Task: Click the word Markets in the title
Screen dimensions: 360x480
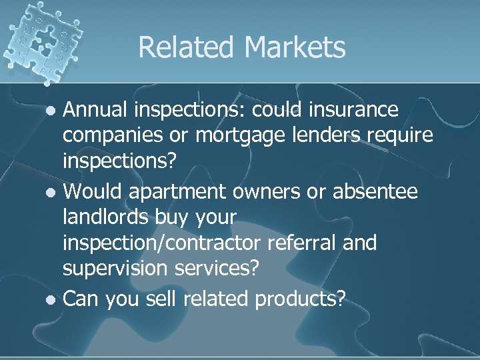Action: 296,47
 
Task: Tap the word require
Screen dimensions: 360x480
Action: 401,135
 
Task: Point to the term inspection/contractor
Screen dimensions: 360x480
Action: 164,243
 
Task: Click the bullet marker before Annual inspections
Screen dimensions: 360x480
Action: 52,110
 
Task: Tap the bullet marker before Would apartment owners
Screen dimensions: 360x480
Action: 52,193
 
